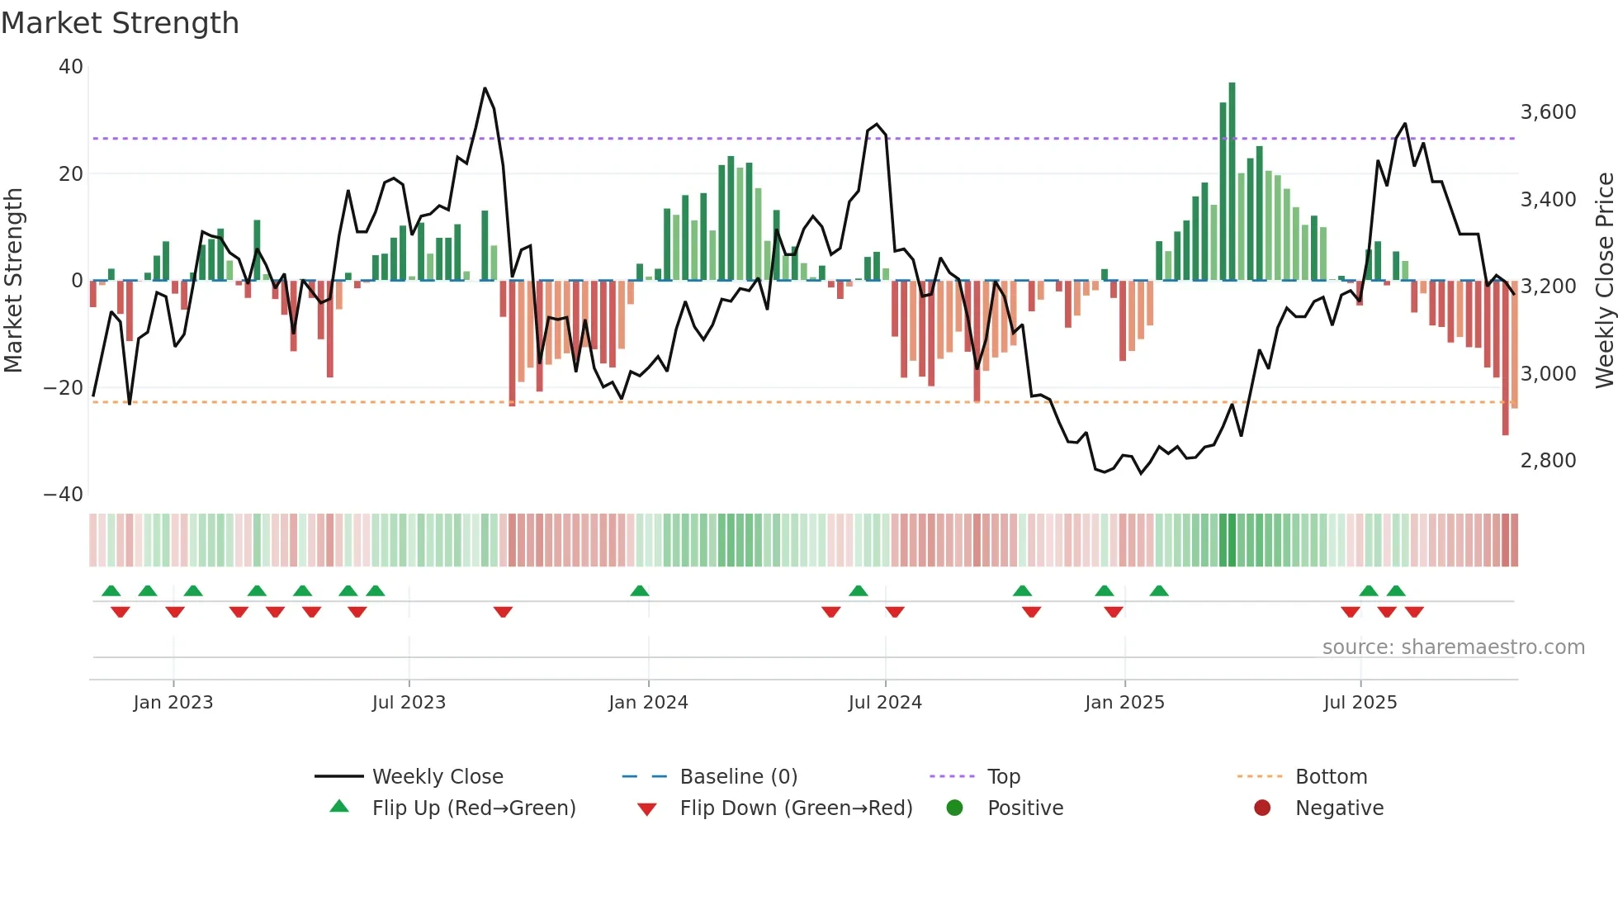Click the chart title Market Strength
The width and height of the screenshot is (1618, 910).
[120, 23]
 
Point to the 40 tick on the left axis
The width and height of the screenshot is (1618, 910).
[71, 67]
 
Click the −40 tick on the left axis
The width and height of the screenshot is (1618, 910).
[64, 495]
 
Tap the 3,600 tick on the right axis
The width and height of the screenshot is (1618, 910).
[1548, 112]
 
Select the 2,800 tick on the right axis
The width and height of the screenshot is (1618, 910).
[1548, 461]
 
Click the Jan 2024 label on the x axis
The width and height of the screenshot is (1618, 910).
[648, 703]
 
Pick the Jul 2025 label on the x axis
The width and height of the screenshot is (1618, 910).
[1360, 703]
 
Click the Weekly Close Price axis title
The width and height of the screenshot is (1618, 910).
[1604, 281]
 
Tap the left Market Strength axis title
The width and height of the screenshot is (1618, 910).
[13, 281]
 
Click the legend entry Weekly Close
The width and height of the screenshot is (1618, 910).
[437, 777]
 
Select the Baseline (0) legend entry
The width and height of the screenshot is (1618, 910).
[738, 777]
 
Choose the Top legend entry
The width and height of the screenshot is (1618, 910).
[1003, 777]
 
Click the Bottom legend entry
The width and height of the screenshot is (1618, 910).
[1331, 777]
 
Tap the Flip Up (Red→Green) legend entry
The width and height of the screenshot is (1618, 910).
[473, 808]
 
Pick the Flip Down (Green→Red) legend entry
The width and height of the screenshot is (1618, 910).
[796, 808]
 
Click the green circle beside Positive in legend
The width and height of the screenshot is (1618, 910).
[955, 808]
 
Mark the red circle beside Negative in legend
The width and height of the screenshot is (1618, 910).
[1262, 808]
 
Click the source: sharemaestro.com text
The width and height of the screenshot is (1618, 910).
[1453, 647]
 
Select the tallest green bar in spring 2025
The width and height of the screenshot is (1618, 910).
[1232, 182]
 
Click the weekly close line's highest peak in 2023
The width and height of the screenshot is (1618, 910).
[485, 88]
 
